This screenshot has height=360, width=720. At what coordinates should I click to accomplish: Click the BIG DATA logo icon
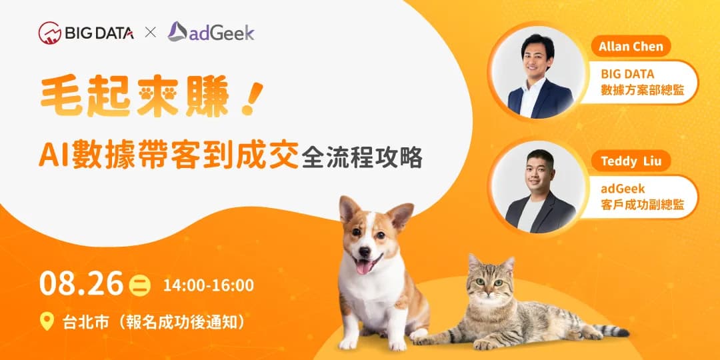click(49, 33)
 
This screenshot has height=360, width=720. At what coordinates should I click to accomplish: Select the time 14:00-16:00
click(208, 285)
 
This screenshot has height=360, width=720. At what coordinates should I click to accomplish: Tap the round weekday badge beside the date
click(140, 285)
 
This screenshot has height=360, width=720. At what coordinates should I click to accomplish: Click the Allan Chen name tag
click(630, 47)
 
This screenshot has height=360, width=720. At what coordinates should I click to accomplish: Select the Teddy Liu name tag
click(630, 161)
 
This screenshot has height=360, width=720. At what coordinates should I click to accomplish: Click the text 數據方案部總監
click(642, 91)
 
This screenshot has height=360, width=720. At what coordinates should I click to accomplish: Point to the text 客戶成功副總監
click(642, 205)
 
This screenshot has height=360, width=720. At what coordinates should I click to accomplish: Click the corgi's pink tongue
click(363, 267)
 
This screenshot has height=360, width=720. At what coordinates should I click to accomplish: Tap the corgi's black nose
click(363, 253)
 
